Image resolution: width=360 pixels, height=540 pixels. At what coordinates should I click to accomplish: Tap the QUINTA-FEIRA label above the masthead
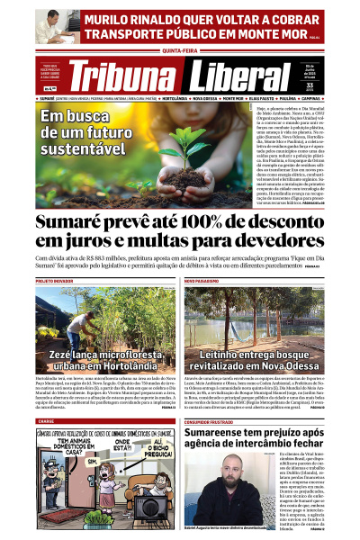179,51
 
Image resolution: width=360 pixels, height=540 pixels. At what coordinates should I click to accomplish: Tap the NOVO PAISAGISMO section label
202,282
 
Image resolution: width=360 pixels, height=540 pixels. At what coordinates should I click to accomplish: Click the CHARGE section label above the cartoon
46,420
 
